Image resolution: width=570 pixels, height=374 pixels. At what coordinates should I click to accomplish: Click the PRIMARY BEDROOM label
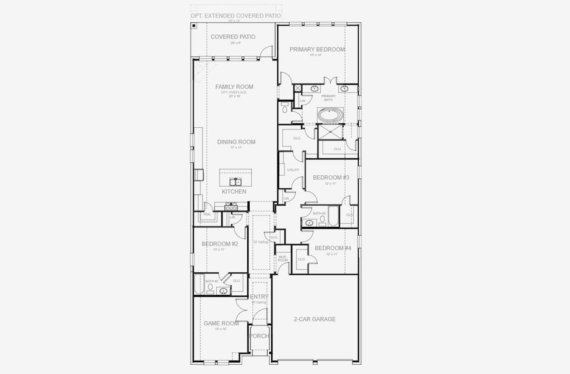tap(317, 49)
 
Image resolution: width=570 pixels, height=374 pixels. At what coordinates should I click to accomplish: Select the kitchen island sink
tap(235, 182)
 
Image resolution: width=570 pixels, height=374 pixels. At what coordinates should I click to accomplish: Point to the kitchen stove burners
tap(223, 206)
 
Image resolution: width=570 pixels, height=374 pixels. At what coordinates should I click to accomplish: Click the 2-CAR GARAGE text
tap(315, 319)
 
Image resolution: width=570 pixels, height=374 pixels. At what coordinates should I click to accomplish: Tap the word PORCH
tap(259, 336)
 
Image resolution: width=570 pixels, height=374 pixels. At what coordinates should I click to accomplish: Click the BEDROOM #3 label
tap(331, 178)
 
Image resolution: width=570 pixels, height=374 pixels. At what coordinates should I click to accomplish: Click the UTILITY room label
tap(293, 170)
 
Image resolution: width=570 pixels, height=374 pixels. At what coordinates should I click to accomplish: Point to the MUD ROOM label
tap(282, 258)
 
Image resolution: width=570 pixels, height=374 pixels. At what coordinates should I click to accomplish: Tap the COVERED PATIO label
tap(233, 37)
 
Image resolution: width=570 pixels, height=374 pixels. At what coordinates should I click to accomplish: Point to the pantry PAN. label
tap(207, 214)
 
